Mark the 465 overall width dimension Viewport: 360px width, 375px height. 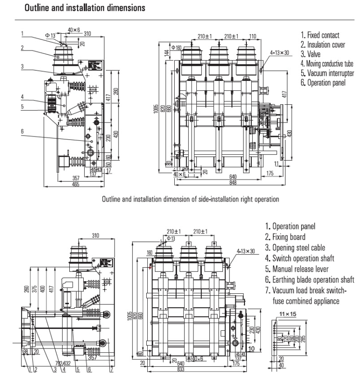pyautogui.click(x=75, y=184)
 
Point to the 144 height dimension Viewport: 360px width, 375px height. pyautogui.click(x=167, y=53)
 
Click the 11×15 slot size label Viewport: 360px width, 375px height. pyautogui.click(x=285, y=313)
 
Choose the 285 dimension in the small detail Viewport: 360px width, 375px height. pyautogui.click(x=302, y=339)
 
